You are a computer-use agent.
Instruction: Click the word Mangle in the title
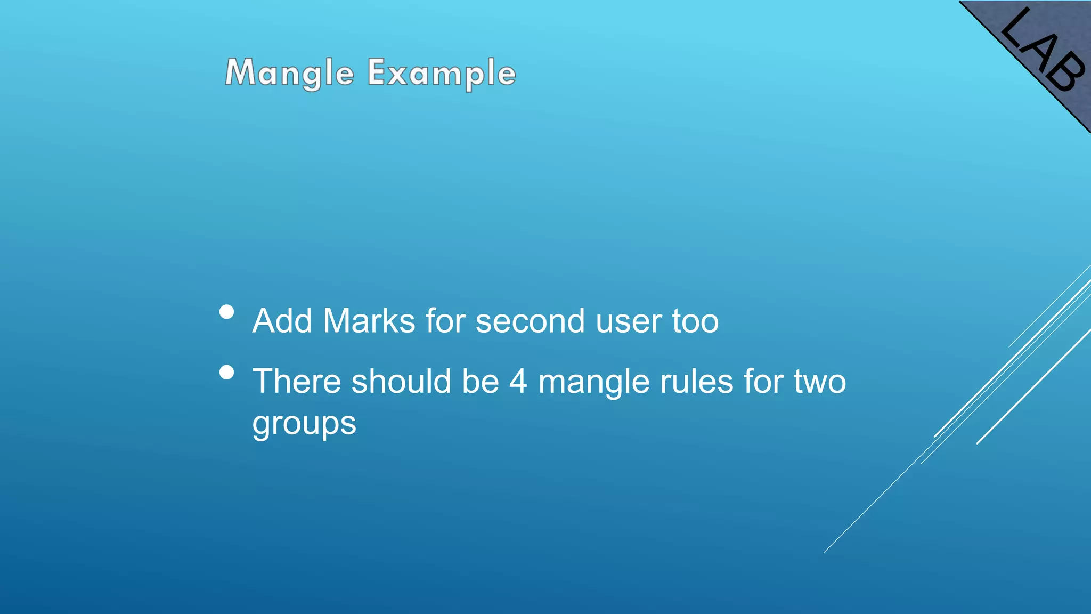pos(289,73)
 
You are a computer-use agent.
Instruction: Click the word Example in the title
pos(442,73)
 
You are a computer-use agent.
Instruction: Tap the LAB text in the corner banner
pos(1043,51)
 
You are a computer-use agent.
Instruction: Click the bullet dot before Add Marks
pos(227,312)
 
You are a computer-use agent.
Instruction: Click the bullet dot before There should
pos(227,372)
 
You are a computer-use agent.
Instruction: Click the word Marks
pos(369,321)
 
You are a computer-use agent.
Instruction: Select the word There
pos(297,382)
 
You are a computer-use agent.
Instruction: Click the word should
pos(401,382)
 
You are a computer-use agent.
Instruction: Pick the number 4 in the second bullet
pos(518,382)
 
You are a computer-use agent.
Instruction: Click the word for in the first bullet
pos(445,321)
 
